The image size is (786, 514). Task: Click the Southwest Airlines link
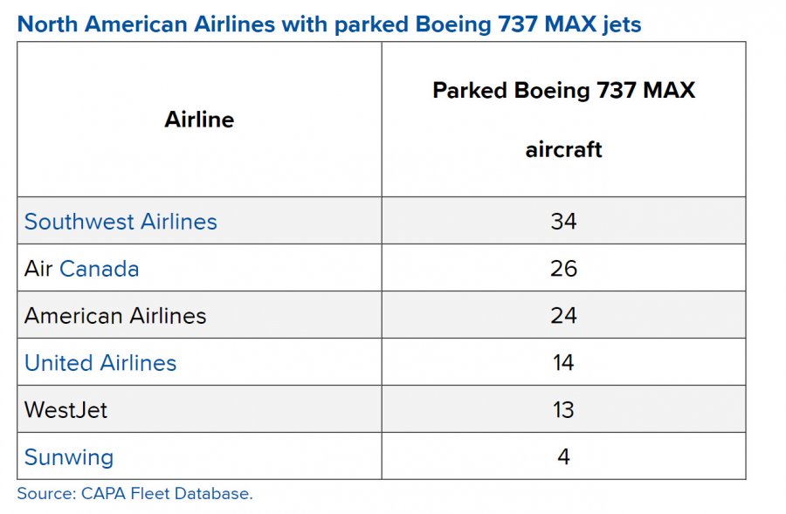point(121,222)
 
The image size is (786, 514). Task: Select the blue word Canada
point(99,269)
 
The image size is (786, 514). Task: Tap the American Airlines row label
point(115,316)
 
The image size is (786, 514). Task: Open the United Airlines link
point(100,363)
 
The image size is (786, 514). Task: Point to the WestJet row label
point(65,410)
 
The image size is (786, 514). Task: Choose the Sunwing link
point(69,457)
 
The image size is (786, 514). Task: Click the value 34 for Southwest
point(563,222)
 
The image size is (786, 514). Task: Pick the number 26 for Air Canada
point(563,269)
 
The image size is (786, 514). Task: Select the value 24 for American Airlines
point(563,316)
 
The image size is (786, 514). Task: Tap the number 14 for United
point(563,363)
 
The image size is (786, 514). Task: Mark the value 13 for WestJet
point(563,410)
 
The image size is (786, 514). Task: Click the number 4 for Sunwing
point(563,457)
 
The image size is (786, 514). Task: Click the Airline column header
point(199,120)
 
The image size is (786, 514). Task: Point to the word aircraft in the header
point(563,149)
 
